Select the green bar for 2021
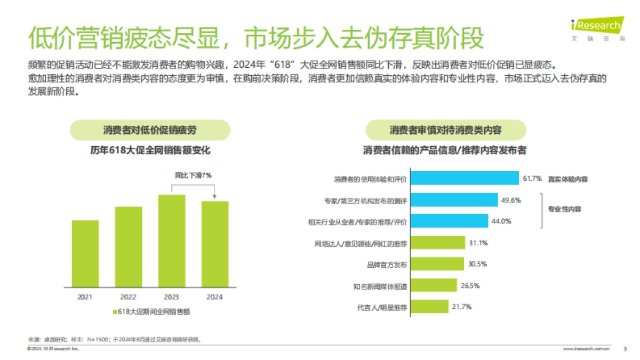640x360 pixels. coord(85,254)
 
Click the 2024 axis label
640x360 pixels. coord(214,297)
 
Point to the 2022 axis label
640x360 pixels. coord(128,297)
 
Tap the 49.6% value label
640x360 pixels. coord(510,200)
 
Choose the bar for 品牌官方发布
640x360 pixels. coord(438,264)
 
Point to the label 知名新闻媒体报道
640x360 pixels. coord(380,286)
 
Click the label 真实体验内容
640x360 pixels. coord(567,179)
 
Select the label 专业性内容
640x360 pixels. coord(564,209)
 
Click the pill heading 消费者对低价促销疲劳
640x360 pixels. coord(150,130)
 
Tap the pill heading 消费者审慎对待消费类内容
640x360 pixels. coord(445,130)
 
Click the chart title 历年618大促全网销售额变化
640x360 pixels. coord(150,151)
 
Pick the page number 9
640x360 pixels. coord(625,349)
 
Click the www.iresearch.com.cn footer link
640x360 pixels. coord(586,349)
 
